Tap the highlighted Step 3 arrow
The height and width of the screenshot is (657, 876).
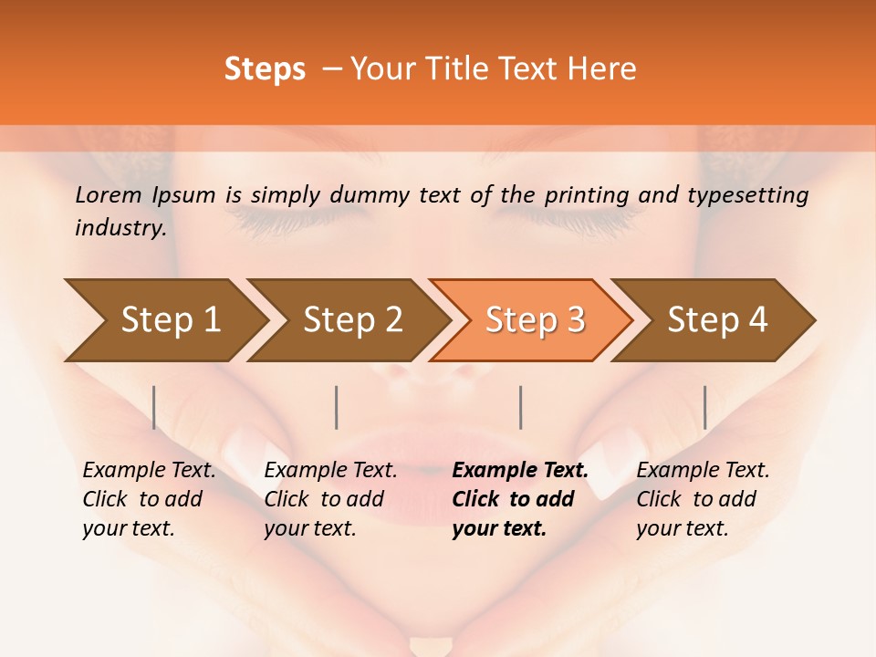tap(535, 320)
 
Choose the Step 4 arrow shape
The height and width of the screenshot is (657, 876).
tap(717, 320)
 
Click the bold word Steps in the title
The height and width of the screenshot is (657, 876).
tap(265, 69)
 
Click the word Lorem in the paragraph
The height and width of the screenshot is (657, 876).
tap(109, 194)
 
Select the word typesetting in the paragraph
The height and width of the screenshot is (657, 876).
tap(750, 194)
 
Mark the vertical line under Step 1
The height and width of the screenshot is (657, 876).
tap(154, 407)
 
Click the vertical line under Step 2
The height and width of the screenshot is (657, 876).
tap(337, 407)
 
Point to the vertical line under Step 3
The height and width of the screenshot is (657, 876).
tap(520, 407)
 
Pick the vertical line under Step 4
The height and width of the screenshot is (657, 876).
tap(704, 407)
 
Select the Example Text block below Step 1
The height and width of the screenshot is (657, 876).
tap(149, 499)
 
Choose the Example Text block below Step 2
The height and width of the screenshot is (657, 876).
tap(330, 499)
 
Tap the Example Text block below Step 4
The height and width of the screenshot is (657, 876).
tap(703, 499)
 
